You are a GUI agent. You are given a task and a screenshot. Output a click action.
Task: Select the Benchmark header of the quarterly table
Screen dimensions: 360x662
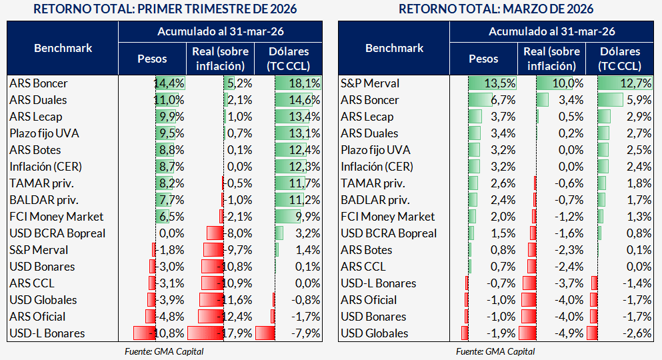(x=63, y=48)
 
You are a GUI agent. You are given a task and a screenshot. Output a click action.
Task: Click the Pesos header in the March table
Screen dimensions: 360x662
(x=483, y=59)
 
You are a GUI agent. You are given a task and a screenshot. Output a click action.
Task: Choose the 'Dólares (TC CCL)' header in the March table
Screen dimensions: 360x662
(x=620, y=59)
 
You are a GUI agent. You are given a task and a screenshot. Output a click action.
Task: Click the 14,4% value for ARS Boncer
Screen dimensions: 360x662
(x=169, y=83)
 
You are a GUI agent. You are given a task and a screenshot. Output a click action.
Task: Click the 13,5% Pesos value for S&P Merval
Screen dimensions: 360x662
(x=501, y=83)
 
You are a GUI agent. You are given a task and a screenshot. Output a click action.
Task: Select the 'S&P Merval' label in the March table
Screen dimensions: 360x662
(x=370, y=83)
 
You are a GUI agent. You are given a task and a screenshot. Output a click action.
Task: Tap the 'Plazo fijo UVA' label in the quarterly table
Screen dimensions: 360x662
(x=45, y=133)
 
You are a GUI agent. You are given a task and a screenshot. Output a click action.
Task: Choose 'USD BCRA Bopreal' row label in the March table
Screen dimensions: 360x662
(x=389, y=233)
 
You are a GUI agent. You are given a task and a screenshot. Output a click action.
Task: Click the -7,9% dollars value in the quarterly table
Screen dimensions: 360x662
(x=306, y=333)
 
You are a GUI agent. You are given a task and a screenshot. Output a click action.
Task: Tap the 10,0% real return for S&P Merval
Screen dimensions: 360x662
(x=569, y=83)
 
